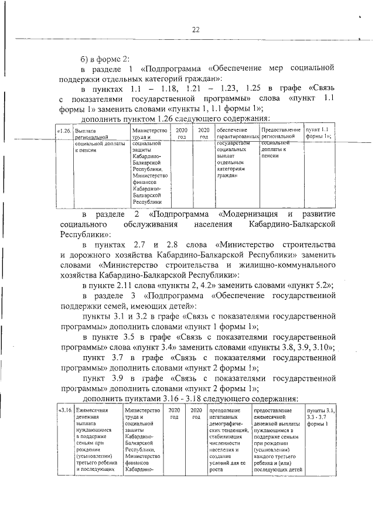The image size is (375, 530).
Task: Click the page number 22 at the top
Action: [196, 30]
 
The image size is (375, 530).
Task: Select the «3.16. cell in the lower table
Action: [64, 411]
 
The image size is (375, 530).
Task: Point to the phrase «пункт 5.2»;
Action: [312, 284]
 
